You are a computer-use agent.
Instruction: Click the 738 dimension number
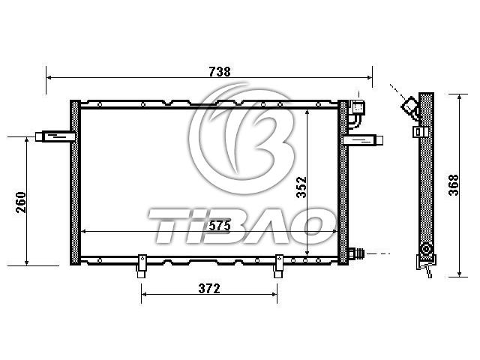coord(220,72)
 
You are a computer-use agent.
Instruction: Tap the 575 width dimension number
coord(220,226)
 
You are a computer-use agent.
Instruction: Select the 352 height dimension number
coord(301,187)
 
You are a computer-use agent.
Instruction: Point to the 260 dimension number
coord(21,202)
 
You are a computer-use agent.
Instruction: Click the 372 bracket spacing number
coord(209,288)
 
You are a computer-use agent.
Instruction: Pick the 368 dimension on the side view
coord(453,185)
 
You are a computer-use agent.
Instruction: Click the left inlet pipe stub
coord(55,136)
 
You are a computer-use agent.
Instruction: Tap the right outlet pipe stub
coord(363,140)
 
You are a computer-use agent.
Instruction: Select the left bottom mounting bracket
coord(142,266)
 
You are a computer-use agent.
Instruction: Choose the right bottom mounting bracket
coord(278,266)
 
